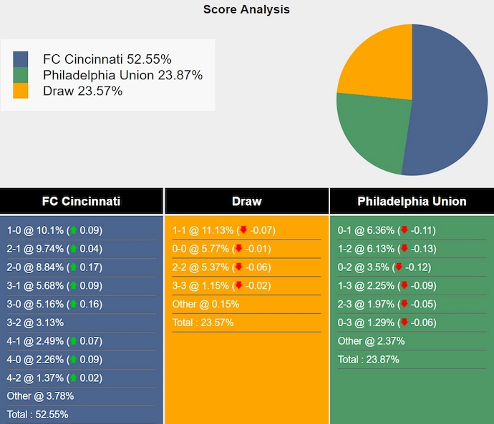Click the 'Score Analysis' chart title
point(246,9)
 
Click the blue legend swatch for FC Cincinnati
point(21,59)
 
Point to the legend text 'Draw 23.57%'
point(82,91)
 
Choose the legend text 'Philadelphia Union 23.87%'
point(122,75)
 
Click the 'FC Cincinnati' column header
point(81,202)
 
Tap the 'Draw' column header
point(246,202)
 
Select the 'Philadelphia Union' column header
point(412,202)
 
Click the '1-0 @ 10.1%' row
point(54,230)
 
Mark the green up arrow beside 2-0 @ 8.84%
point(73,267)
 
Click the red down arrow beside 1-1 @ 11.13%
point(243,230)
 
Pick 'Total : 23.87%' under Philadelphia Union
point(368,360)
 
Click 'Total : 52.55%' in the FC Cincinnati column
point(37,415)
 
